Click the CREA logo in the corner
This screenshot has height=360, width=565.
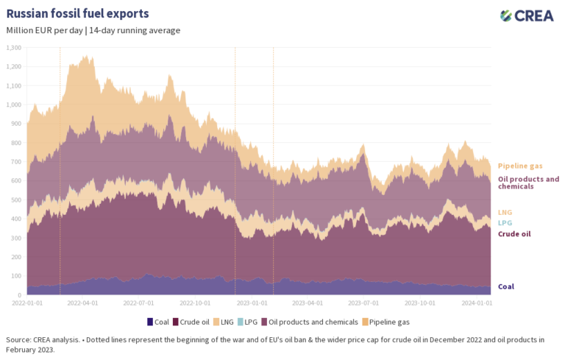[526, 15]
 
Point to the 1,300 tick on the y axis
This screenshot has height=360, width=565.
[14, 48]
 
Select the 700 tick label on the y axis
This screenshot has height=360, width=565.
[16, 162]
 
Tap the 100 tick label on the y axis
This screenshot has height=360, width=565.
[16, 276]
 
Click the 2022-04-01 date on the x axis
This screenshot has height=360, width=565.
[80, 303]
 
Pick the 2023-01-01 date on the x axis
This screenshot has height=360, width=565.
[252, 303]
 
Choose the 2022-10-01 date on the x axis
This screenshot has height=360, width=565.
[195, 303]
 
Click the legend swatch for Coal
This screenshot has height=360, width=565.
[150, 322]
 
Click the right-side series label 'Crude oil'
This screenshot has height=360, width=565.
[514, 233]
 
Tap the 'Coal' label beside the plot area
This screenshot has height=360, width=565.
[506, 286]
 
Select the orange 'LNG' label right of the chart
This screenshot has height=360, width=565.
[505, 212]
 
